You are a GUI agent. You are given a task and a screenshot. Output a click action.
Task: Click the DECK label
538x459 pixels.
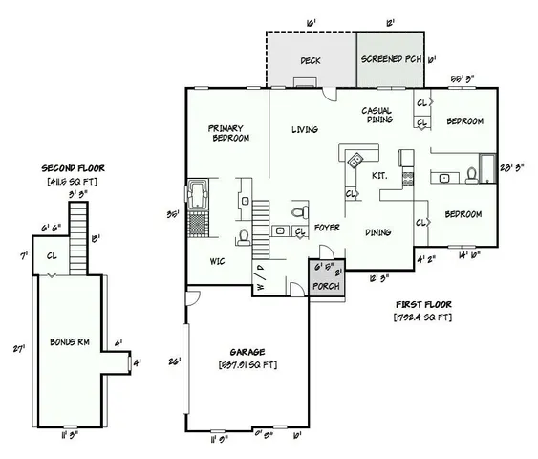point(310,61)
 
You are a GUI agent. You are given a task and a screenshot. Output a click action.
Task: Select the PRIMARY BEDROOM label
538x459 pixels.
point(229,133)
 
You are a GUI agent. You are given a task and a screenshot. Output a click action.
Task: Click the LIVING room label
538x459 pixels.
point(304,129)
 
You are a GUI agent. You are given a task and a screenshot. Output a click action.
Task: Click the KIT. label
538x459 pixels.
point(378,176)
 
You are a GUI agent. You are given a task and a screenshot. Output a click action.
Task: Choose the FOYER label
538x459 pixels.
point(328,229)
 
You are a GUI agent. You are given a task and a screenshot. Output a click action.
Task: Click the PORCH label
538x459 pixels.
point(326,285)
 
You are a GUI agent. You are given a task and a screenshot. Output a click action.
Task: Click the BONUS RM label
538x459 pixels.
point(70,341)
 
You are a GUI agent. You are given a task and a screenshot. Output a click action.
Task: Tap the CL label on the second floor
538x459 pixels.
point(54,255)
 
